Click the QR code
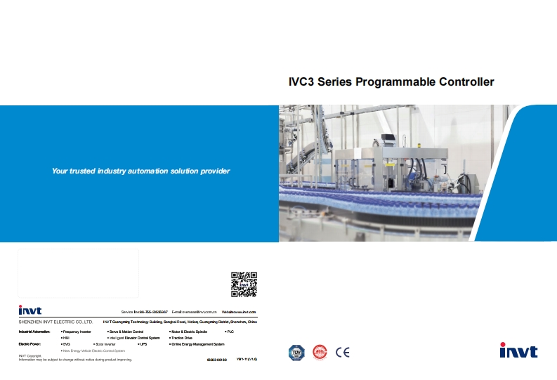click(x=244, y=284)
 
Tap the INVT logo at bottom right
click(x=518, y=351)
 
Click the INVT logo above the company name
click(x=30, y=310)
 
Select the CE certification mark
click(x=343, y=352)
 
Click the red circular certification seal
click(x=320, y=352)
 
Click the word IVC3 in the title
click(x=302, y=81)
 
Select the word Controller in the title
click(x=466, y=81)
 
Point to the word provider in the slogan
click(x=214, y=171)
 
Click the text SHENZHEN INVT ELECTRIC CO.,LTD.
click(x=55, y=321)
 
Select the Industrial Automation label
click(x=34, y=330)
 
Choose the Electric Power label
click(x=30, y=344)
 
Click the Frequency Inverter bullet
click(x=77, y=330)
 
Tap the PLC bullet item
click(x=230, y=330)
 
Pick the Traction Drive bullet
click(x=181, y=337)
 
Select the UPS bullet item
click(x=143, y=344)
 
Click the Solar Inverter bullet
click(x=105, y=344)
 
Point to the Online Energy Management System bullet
click(x=197, y=344)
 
